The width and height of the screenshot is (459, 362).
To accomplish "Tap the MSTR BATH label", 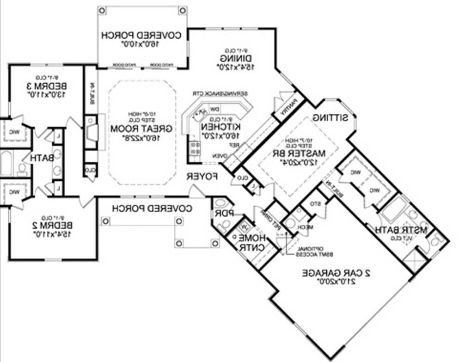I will (401, 230).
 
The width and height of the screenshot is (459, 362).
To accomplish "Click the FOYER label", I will (202, 176).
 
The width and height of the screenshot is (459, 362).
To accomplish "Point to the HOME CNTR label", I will (251, 242).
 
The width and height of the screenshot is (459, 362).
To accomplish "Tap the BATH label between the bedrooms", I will (43, 158).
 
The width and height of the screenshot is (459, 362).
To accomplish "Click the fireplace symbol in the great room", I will (91, 131).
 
